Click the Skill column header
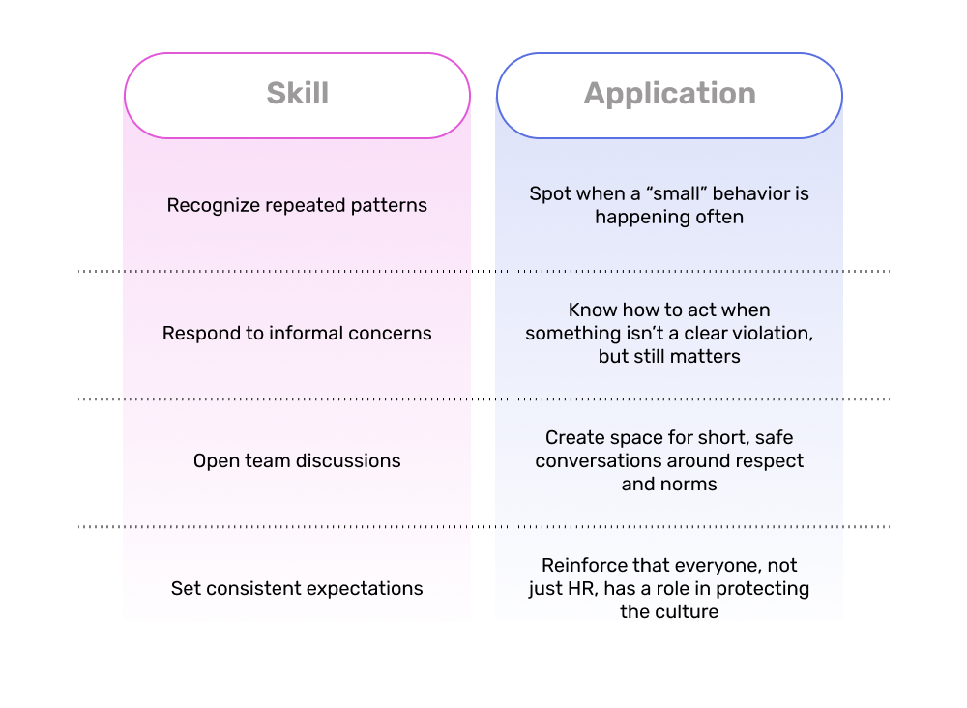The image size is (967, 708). coord(297,95)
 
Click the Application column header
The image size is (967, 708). coord(669,95)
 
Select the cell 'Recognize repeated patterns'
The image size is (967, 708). coord(297,205)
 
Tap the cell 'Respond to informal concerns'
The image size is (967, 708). coord(297,333)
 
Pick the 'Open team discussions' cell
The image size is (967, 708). coord(297,460)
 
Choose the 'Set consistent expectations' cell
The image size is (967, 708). coord(297,588)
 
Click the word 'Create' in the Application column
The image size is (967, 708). coord(572,437)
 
